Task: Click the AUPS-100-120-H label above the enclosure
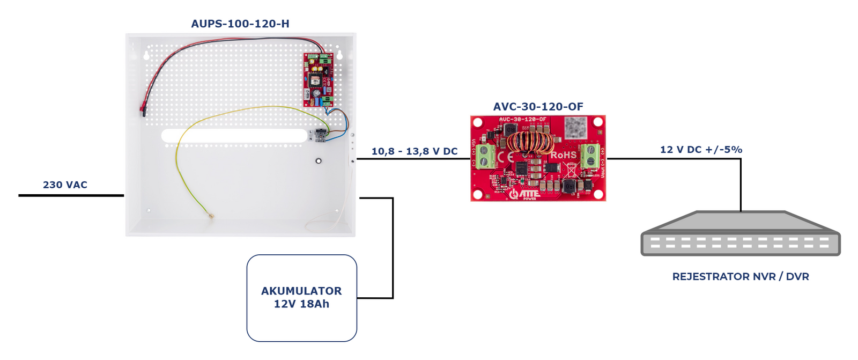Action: pyautogui.click(x=240, y=24)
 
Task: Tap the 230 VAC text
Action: pyautogui.click(x=65, y=185)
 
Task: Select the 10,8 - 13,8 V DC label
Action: pyautogui.click(x=414, y=151)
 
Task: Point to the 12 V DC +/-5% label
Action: pyautogui.click(x=701, y=150)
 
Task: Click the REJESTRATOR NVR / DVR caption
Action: pyautogui.click(x=740, y=276)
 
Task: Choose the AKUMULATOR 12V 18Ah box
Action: pyautogui.click(x=301, y=298)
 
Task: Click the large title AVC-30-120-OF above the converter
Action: pyautogui.click(x=538, y=107)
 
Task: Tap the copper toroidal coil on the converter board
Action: pyautogui.click(x=530, y=143)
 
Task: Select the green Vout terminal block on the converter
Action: pyautogui.click(x=590, y=155)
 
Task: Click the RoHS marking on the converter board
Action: pyautogui.click(x=563, y=155)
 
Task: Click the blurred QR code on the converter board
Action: pyautogui.click(x=575, y=128)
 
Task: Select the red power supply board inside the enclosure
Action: pyautogui.click(x=318, y=79)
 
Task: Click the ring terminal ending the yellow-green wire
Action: pyautogui.click(x=211, y=216)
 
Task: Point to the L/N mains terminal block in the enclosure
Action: pyautogui.click(x=320, y=135)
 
